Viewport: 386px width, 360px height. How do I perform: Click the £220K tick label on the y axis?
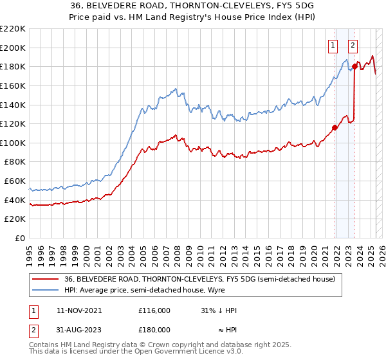13,29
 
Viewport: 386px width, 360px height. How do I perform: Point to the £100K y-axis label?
13,143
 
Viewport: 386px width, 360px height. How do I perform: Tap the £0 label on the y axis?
19,238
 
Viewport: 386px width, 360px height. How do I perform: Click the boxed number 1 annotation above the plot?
333,45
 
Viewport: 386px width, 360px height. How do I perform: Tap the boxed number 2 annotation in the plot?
353,45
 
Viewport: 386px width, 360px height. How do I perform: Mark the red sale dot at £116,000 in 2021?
335,127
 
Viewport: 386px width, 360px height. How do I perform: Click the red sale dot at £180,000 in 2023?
354,66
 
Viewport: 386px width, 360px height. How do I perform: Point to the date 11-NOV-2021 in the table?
79,310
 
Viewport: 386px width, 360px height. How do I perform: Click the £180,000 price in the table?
154,330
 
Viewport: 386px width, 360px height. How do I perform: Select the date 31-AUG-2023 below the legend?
79,330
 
